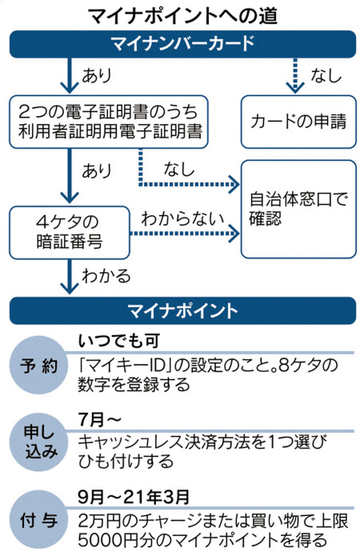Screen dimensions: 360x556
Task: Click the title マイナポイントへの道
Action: pos(182,15)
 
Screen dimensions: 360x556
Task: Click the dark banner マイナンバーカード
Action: pos(182,44)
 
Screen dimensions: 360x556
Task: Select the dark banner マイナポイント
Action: pos(182,310)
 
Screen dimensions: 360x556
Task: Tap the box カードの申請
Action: pos(298,122)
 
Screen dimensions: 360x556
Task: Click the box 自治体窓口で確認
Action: pos(298,210)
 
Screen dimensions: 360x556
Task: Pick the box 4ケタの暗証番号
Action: pos(70,233)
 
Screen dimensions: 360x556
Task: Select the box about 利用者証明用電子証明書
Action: pos(109,122)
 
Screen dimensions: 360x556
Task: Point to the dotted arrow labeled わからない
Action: pos(185,234)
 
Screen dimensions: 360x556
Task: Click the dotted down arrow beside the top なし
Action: pos(294,75)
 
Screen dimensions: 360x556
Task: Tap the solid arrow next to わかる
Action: pos(70,277)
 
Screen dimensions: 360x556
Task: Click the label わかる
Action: pos(106,276)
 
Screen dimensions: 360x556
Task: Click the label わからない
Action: pos(182,218)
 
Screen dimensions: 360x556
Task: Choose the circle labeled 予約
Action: pos(38,366)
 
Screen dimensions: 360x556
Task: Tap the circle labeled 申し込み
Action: pos(38,442)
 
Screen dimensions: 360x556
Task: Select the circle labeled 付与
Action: pos(38,520)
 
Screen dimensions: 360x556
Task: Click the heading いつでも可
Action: pos(119,341)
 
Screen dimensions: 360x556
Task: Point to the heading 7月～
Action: pos(100,419)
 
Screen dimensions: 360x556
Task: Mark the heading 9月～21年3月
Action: pos(134,497)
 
